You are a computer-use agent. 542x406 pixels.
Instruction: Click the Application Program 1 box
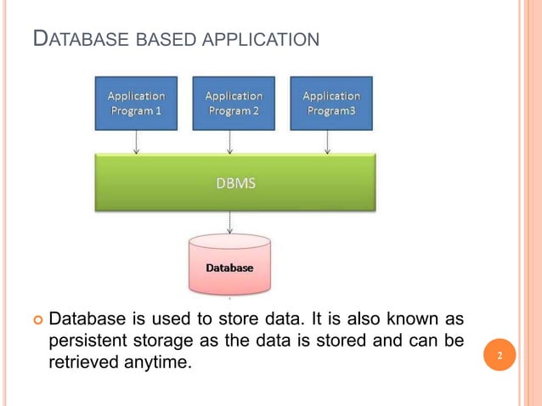pos(136,103)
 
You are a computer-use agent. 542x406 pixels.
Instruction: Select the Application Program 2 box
pos(234,103)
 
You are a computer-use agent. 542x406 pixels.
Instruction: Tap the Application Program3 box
pos(330,103)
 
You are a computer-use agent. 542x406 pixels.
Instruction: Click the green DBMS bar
pos(234,182)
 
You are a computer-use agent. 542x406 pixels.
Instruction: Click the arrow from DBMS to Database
pos(229,223)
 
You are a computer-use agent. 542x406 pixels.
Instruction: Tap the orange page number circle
pos(500,356)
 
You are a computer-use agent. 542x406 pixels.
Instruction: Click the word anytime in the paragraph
pos(156,363)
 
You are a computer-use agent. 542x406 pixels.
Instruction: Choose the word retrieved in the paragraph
pos(83,363)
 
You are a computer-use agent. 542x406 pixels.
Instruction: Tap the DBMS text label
pos(234,182)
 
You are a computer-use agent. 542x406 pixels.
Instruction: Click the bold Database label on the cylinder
pos(229,268)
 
